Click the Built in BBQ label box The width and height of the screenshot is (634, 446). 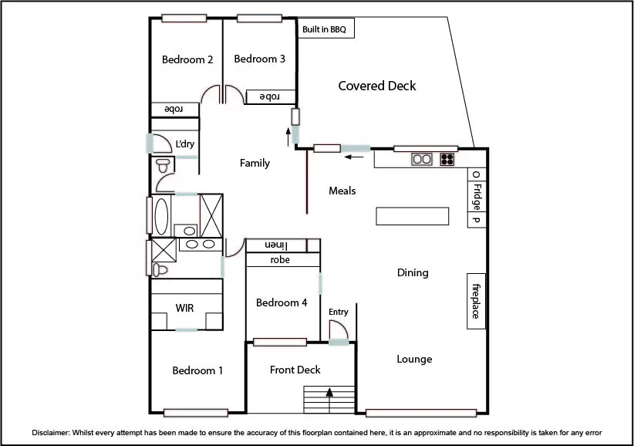tap(325, 30)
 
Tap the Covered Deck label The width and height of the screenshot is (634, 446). tap(377, 86)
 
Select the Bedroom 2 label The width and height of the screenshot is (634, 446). tap(187, 59)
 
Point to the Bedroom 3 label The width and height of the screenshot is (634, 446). tap(260, 59)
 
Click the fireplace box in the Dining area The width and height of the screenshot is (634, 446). tap(476, 302)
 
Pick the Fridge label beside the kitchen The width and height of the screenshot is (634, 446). tap(477, 198)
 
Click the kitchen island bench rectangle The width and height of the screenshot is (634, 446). tap(412, 216)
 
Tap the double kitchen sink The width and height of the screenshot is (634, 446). tap(421, 160)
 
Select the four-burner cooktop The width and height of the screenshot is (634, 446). tap(447, 160)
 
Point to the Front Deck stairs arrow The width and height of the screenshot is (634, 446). tap(330, 392)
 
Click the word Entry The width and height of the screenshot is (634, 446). tap(339, 312)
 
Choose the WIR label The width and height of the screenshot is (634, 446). tap(185, 308)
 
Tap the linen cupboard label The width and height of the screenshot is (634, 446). tap(275, 245)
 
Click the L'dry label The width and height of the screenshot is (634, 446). tap(185, 144)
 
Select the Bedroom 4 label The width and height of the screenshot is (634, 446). tap(282, 302)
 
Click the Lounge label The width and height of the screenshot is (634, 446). tap(414, 359)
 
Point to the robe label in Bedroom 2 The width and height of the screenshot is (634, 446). tap(174, 109)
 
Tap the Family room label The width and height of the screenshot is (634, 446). tap(255, 163)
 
